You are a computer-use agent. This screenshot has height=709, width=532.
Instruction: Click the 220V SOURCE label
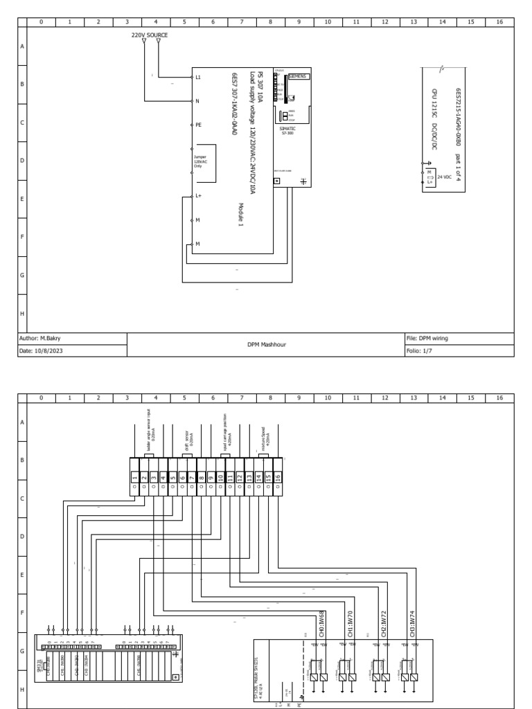(150, 34)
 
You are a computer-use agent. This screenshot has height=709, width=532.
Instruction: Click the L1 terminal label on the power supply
(198, 77)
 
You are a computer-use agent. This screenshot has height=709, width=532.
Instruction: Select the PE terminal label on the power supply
(198, 125)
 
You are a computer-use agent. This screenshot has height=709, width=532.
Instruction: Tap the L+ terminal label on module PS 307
(198, 196)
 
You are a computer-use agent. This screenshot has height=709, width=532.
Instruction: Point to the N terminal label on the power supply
(197, 101)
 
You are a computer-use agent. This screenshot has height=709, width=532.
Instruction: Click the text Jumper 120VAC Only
(200, 160)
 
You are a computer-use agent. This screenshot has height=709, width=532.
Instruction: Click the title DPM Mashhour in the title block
(267, 344)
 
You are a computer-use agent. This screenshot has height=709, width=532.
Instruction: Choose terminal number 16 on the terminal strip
(278, 476)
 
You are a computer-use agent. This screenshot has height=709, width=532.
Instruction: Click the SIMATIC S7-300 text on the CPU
(287, 130)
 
